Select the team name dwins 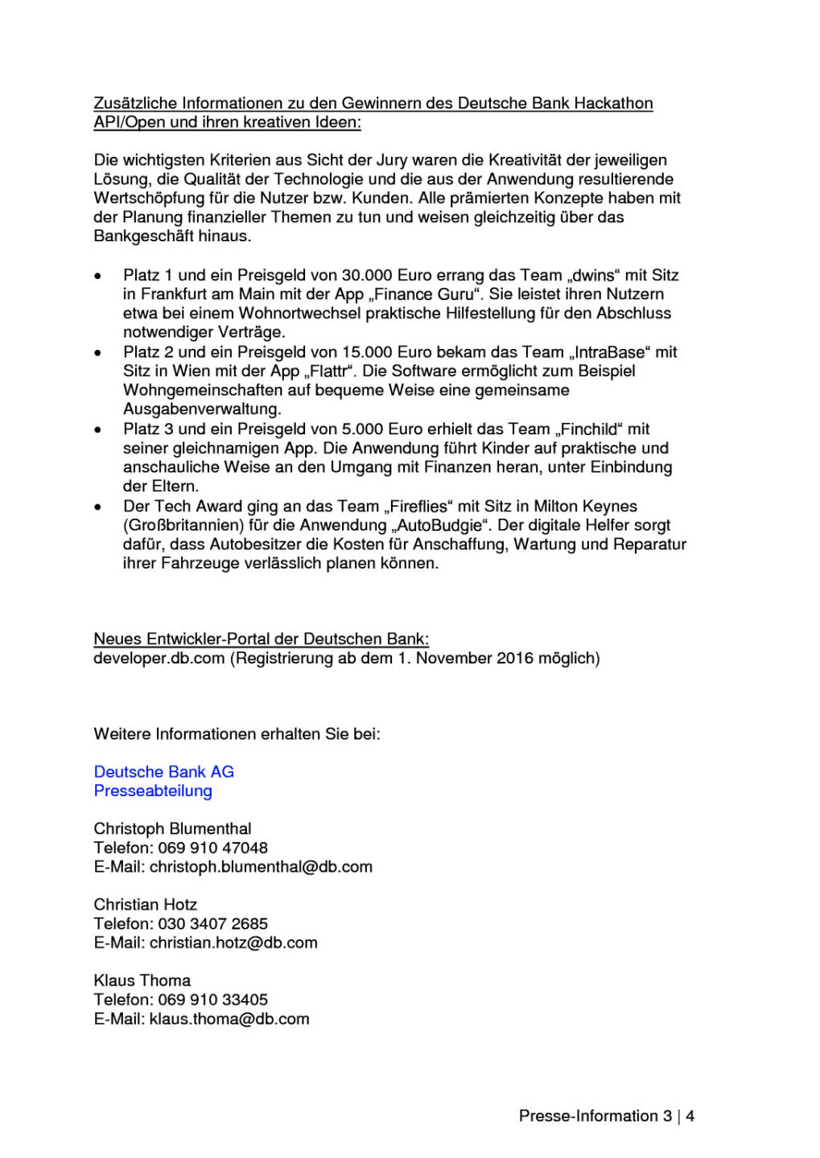[x=594, y=275]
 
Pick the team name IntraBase [x=609, y=352]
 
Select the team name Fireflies [x=418, y=507]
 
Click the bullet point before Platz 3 [x=98, y=430]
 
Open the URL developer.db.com [x=159, y=659]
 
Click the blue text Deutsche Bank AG [x=164, y=772]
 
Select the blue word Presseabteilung [x=153, y=791]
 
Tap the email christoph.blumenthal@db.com [x=261, y=867]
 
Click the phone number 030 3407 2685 [x=213, y=924]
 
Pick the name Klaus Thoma [x=142, y=981]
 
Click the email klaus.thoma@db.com [x=229, y=1019]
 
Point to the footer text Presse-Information [x=588, y=1116]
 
